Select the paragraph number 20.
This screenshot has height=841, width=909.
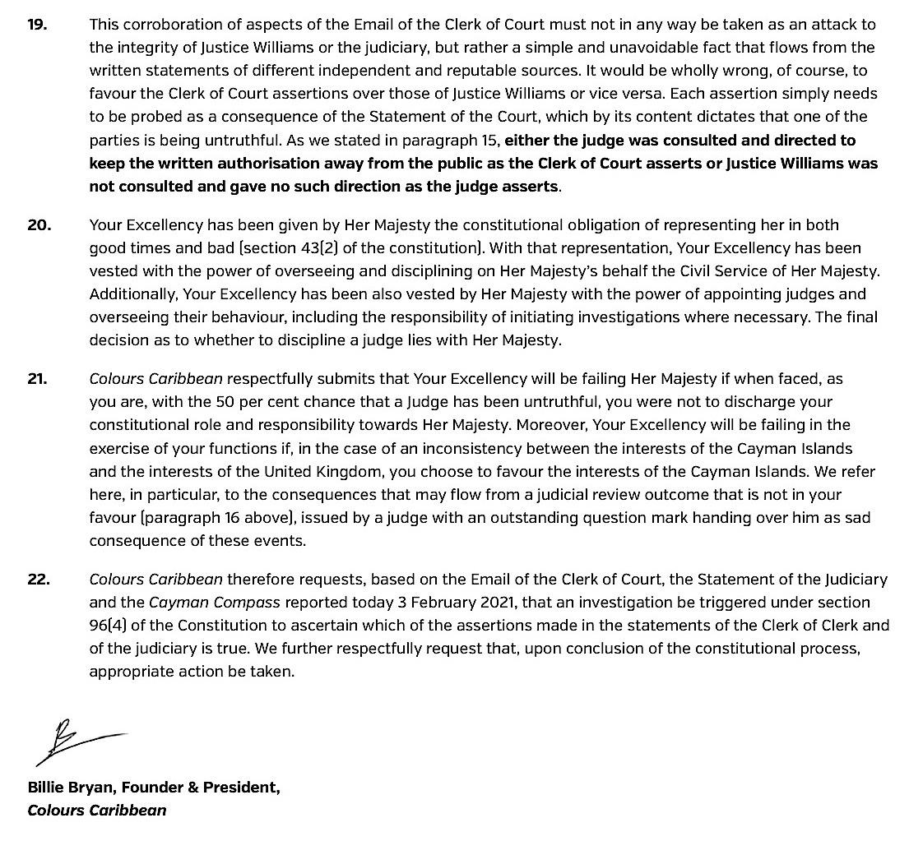(x=39, y=224)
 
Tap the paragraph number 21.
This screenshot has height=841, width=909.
(x=38, y=380)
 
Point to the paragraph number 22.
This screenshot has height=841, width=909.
(x=39, y=580)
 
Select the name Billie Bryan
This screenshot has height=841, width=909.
(x=72, y=788)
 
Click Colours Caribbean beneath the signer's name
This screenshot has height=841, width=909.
(x=97, y=811)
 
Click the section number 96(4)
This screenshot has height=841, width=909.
(x=109, y=626)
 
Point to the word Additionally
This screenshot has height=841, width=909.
(x=132, y=293)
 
